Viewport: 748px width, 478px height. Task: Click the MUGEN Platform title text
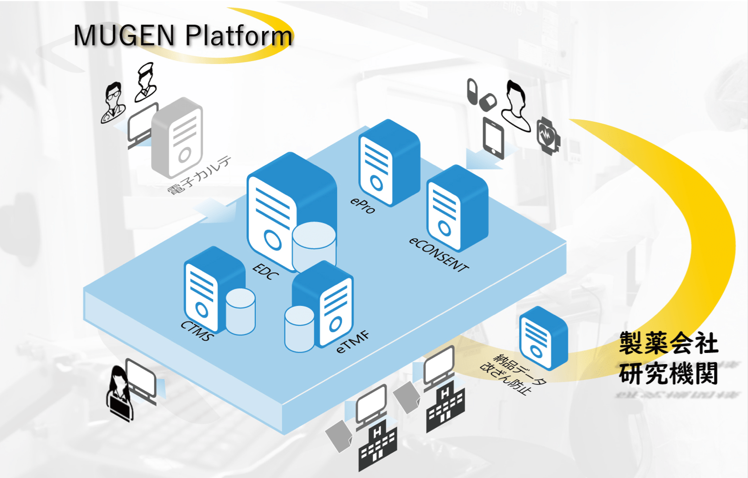(x=183, y=35)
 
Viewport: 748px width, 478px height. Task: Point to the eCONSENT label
(x=439, y=255)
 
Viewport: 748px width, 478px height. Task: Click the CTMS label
(x=197, y=331)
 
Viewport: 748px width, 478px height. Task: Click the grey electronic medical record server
(x=177, y=137)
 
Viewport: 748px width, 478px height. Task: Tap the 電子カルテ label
(x=199, y=175)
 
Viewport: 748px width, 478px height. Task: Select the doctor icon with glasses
(x=113, y=102)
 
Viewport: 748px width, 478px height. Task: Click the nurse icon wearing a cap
(x=145, y=82)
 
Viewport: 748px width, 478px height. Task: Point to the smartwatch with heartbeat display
(x=548, y=135)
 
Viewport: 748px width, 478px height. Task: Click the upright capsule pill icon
(x=472, y=91)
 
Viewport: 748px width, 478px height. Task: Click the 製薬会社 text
(x=668, y=343)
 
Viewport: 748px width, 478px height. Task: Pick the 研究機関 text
(x=668, y=374)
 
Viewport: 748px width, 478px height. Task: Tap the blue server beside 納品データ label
(x=543, y=338)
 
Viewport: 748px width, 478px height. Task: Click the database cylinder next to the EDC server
(x=314, y=246)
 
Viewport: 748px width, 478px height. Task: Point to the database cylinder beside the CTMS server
(x=241, y=311)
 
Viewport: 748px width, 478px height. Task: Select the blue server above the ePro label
(x=389, y=163)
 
